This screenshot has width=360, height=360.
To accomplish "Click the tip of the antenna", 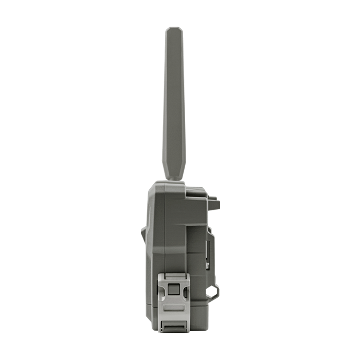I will pos(174,31).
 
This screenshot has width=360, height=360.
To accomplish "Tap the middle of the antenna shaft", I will pos(174,103).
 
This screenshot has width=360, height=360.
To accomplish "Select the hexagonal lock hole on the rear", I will pos(213,291).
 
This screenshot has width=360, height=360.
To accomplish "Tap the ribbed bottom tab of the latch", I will pos(172,326).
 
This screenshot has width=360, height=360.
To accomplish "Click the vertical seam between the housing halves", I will pos(184,231).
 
